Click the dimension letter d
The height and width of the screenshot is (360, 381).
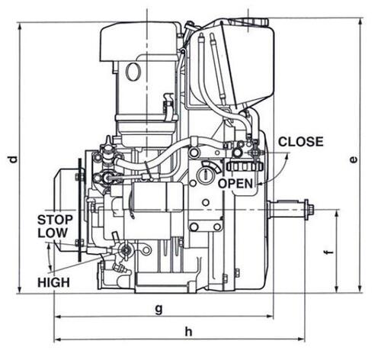13,159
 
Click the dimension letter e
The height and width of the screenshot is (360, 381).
353,159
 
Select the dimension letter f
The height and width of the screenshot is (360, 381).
329,252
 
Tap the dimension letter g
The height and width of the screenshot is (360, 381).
158,310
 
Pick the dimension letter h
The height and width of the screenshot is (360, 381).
188,332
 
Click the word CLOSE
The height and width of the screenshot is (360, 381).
301,142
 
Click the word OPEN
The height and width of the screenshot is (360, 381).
235,183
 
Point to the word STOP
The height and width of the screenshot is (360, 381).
55,220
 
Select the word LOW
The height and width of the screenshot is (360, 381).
53,233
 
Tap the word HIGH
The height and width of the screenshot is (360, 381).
53,282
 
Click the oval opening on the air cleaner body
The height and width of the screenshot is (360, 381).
133,72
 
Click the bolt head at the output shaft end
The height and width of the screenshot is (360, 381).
309,210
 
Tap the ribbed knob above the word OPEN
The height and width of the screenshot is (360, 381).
245,166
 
